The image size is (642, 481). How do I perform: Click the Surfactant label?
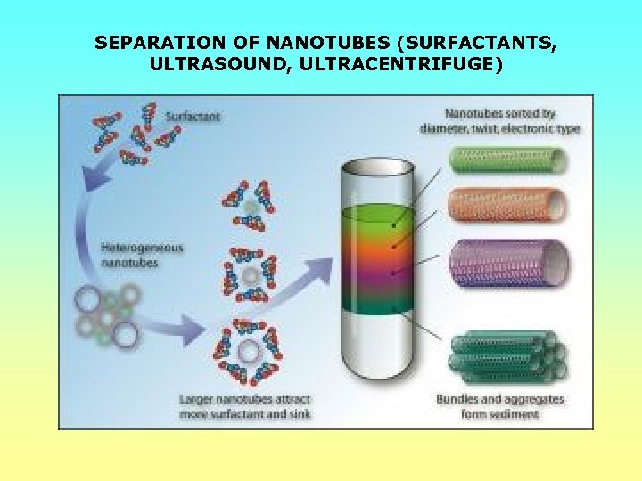(x=194, y=117)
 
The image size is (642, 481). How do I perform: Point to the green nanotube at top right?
(x=506, y=160)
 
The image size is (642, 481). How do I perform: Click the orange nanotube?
(x=506, y=204)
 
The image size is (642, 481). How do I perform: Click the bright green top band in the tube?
(x=378, y=216)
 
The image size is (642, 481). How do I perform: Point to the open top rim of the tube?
(x=378, y=167)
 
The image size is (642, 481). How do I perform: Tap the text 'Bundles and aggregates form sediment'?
(x=500, y=406)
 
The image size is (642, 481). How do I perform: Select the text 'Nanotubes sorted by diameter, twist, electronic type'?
(x=499, y=121)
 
